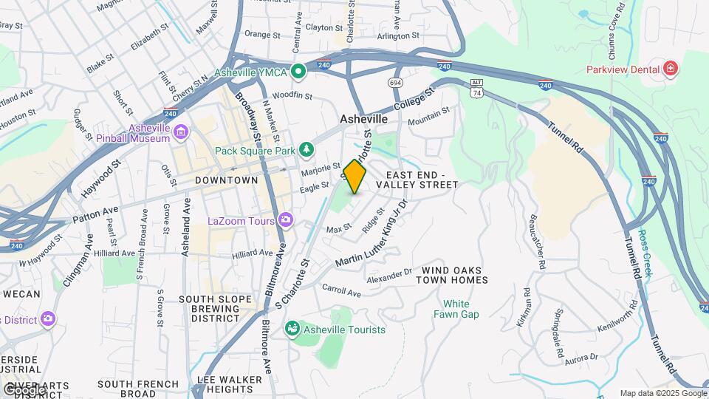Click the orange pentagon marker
coord(354,177)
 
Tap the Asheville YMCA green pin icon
coord(298,72)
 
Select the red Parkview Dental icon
coord(670,69)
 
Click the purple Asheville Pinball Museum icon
coord(181,133)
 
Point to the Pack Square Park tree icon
coord(306,151)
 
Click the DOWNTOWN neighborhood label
coord(227,180)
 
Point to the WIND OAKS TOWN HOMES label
coord(451,275)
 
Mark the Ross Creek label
coord(645,253)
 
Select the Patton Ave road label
coord(95,214)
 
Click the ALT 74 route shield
coord(476,89)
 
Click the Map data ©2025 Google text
coord(663,393)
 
